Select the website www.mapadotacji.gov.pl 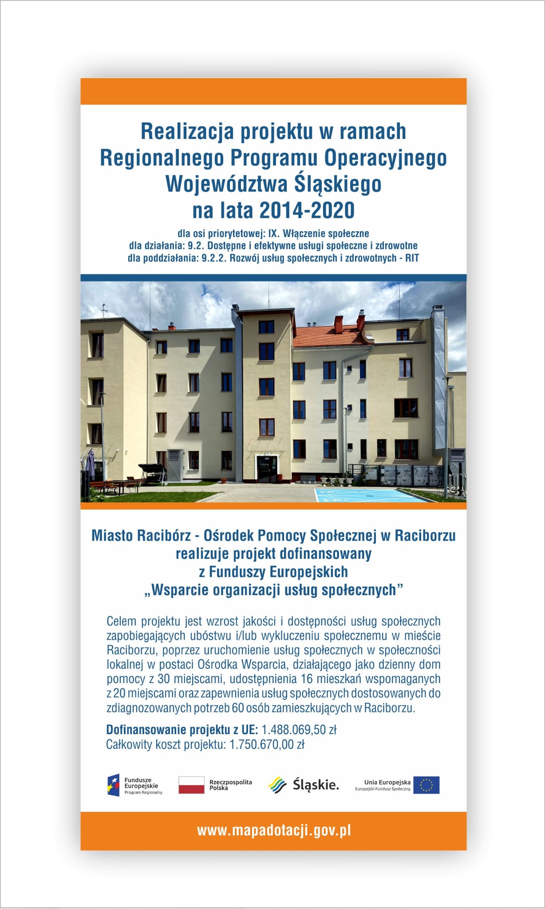[274, 830]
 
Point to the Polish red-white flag [191, 785]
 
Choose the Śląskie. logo [304, 785]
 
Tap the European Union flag [426, 785]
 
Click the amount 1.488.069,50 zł [300, 730]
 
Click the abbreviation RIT [411, 258]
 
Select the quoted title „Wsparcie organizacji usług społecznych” [273, 590]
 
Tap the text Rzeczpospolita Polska [230, 785]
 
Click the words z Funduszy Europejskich [273, 572]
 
